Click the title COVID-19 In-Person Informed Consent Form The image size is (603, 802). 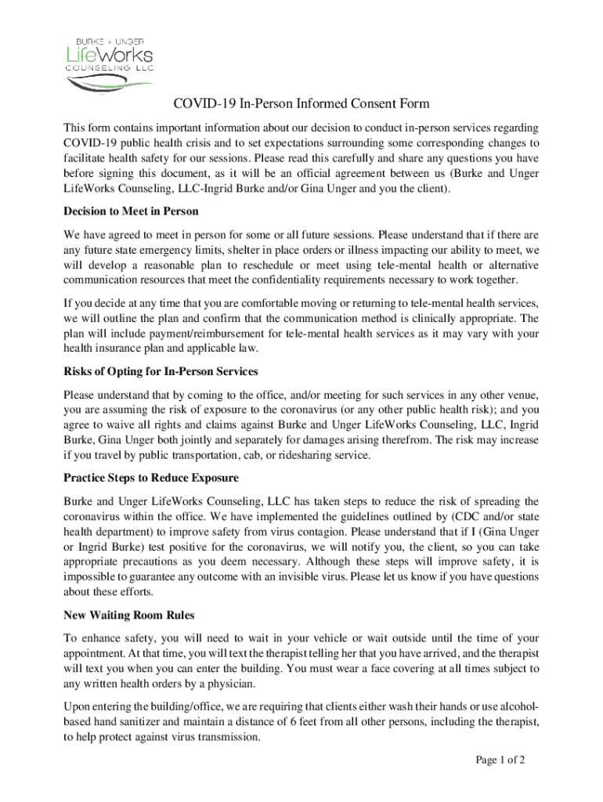[x=301, y=103]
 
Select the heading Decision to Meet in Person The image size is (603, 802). [x=131, y=211]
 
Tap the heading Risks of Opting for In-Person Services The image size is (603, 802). [x=161, y=371]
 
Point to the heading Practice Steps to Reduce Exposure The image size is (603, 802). [x=151, y=478]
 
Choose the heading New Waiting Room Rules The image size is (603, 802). [x=129, y=615]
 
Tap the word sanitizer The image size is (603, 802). [x=131, y=721]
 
